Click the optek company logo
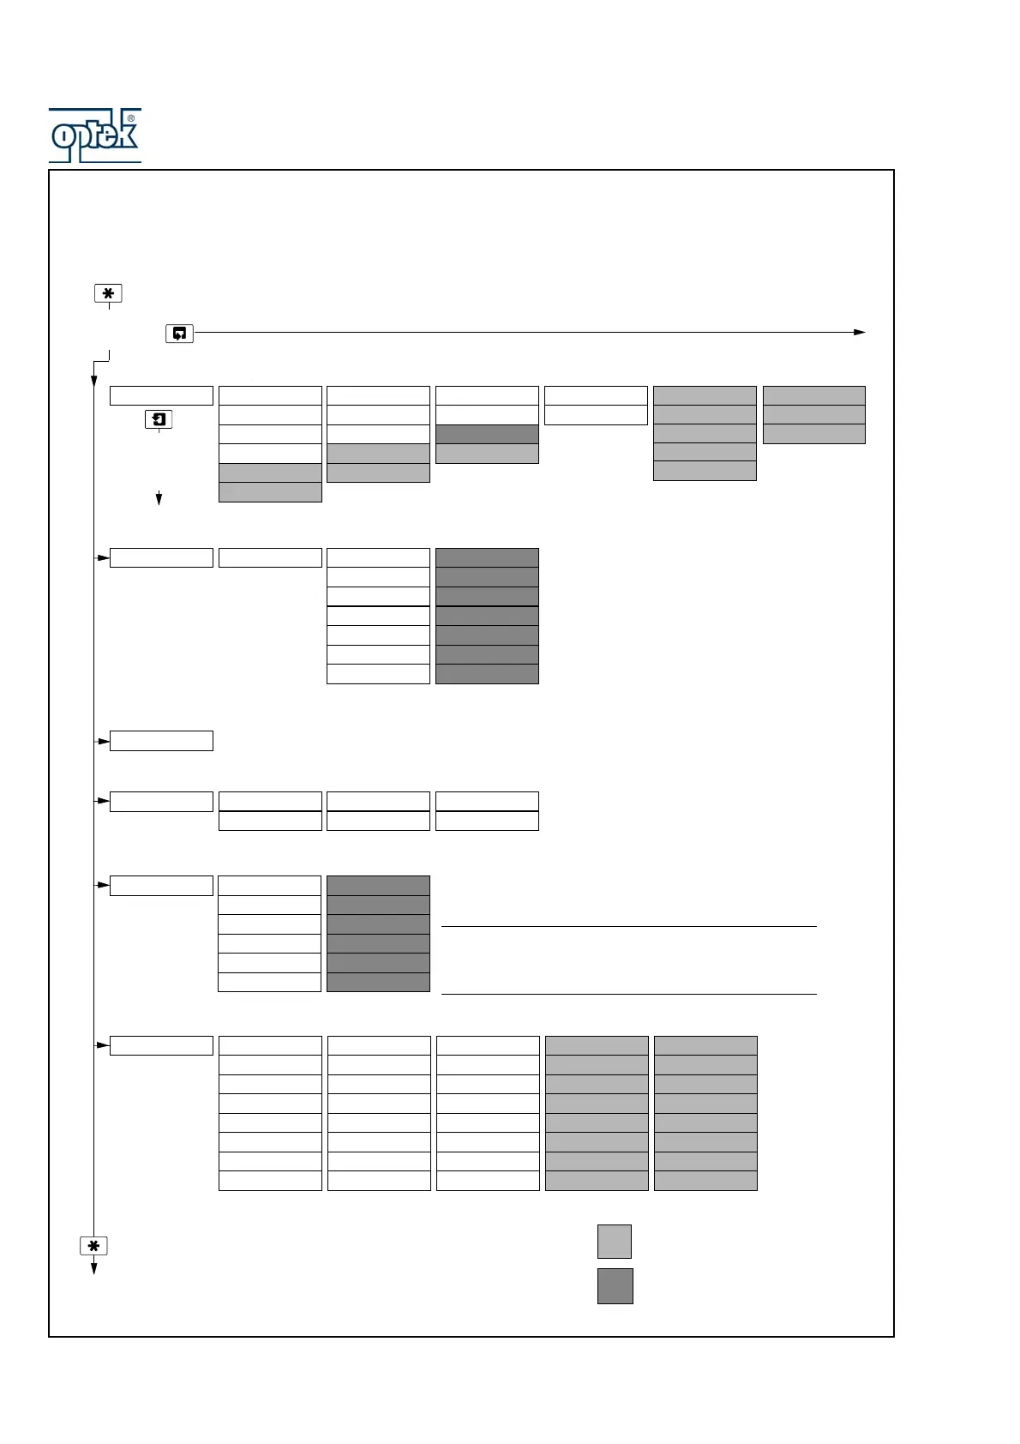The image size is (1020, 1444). coord(94,135)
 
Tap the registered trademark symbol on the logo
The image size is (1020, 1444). coord(130,118)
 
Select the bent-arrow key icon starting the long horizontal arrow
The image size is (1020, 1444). coord(179,333)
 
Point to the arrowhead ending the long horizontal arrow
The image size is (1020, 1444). coord(860,332)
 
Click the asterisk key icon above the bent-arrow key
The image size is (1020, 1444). coord(108,293)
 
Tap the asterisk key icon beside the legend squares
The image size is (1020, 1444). coord(93,1246)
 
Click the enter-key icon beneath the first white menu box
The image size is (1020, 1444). coord(159,419)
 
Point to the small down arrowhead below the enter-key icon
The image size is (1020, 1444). coord(159,498)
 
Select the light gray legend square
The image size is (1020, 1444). coord(614,1241)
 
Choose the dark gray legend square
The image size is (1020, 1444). coord(615,1285)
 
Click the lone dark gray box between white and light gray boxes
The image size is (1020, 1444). coord(487,434)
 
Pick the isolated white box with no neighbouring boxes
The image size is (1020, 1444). coord(161,741)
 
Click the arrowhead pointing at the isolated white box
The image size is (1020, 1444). coord(105,741)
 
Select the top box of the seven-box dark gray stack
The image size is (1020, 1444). coord(487,557)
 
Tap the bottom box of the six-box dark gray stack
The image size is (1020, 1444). coord(378,982)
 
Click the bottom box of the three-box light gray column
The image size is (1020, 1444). coord(813,434)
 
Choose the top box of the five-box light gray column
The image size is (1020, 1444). coord(705,395)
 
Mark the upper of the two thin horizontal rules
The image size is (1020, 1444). coord(628,926)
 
